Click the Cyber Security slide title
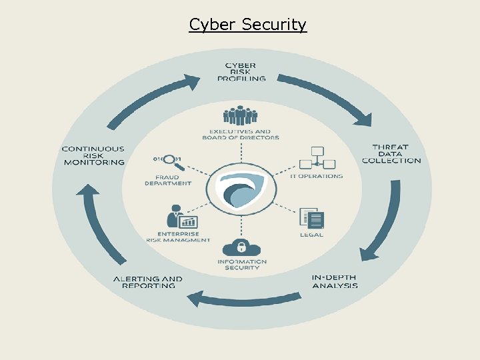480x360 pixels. pos(247,25)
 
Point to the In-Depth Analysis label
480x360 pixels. pos(335,281)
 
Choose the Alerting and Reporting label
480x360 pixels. pos(148,282)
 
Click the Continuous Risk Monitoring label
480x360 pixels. pos(94,155)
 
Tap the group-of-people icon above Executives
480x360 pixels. pos(240,115)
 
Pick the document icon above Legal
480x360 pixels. pos(311,219)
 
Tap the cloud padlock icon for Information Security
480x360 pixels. pos(241,247)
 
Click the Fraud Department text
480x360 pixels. pos(168,180)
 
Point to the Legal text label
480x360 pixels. pos(311,235)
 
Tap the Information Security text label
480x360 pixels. pos(242,265)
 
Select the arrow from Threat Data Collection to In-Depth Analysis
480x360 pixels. pos(383,221)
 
